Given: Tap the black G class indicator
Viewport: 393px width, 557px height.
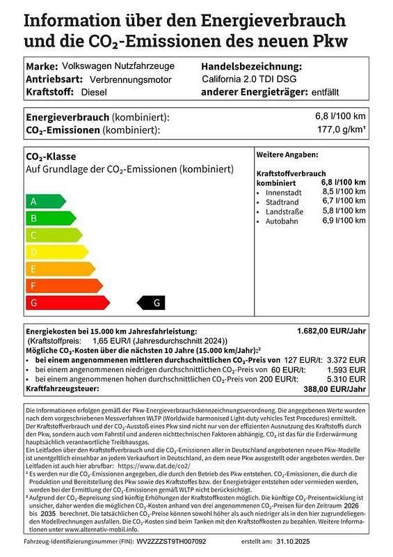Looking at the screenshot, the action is (152, 302).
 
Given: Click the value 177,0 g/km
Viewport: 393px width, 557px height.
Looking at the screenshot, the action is (341, 130).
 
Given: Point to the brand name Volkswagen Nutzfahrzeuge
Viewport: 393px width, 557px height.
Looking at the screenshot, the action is (118, 66).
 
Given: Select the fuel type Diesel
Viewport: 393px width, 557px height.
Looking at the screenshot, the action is (95, 92).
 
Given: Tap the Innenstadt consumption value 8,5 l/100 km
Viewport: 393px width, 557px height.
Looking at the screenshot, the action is (344, 191).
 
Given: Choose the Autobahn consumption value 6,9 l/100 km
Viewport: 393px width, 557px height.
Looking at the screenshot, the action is (344, 221).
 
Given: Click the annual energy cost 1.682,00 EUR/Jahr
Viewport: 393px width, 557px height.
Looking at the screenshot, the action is (330, 331).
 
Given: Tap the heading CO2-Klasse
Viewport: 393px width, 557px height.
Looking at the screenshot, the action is (51, 157).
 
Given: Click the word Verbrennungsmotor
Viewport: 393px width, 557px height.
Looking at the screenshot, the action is (110, 79).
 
